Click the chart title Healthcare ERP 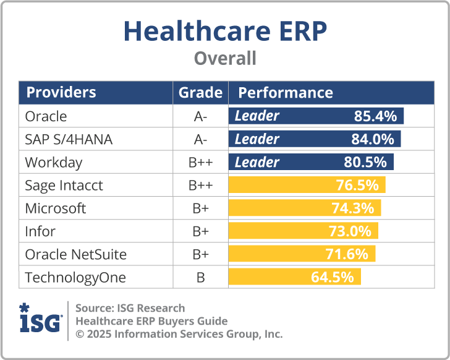pos(225,31)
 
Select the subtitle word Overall pos(225,59)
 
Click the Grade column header pos(200,93)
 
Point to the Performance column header pos(285,93)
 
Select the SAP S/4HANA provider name pos(69,139)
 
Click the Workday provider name pos(53,163)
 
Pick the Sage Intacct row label pos(64,186)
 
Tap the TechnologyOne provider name pos(75,278)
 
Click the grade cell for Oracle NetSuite pos(200,254)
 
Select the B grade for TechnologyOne pos(200,278)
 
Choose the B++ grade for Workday pos(200,163)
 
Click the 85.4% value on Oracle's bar pos(375,116)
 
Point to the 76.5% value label pos(357,186)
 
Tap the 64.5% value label pos(332,277)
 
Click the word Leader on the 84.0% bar pos(257,139)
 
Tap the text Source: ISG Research pos(130,308)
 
